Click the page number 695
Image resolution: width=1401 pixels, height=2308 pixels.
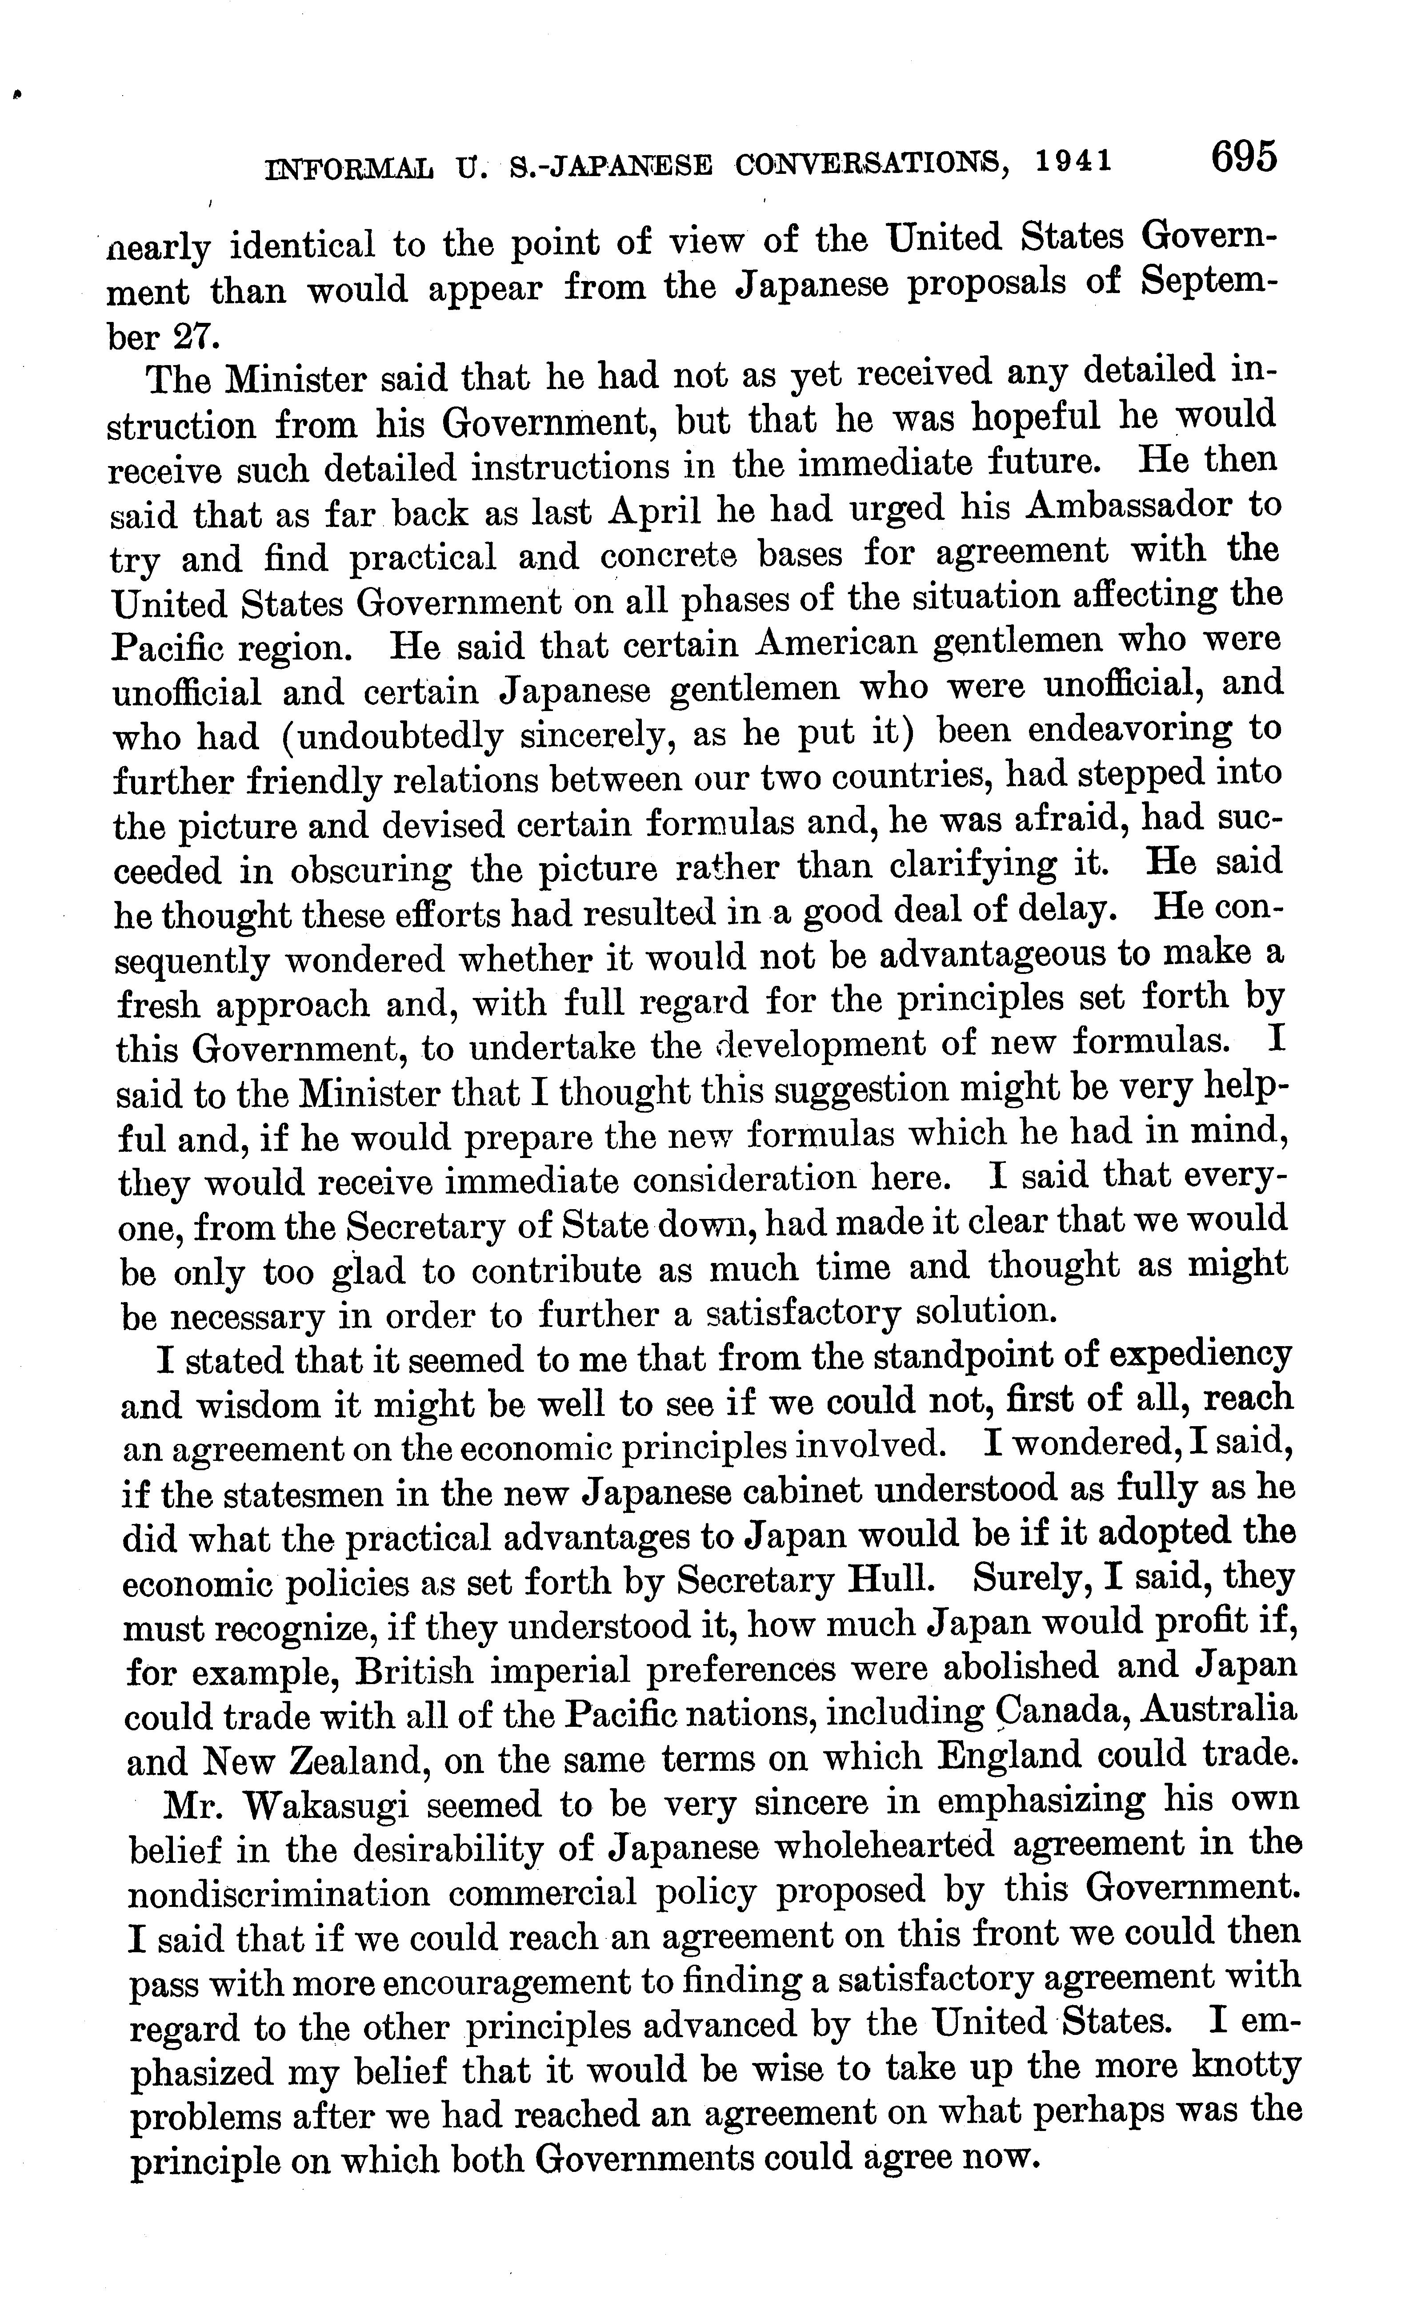pos(1243,157)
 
